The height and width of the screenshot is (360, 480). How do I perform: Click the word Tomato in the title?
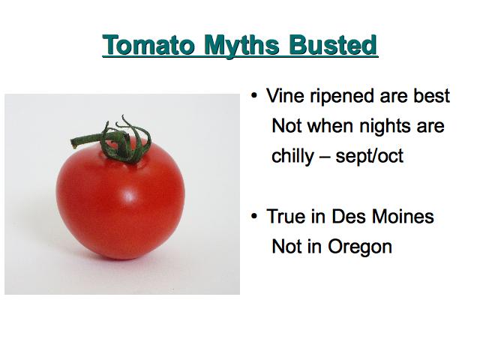point(148,45)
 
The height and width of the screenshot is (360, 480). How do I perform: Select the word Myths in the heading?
point(241,46)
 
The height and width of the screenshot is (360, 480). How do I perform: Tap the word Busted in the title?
point(333,45)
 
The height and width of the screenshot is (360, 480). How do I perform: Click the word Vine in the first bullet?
point(285,95)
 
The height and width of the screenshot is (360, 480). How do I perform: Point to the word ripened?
point(342,97)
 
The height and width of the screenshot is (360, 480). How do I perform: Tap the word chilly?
point(292,157)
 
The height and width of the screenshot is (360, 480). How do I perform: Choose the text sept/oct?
point(370,157)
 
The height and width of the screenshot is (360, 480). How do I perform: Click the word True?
point(286,216)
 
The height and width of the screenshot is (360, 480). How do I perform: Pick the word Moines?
point(403,216)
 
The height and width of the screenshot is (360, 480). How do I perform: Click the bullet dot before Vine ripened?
point(254,96)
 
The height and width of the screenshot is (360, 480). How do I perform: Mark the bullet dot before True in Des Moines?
point(254,217)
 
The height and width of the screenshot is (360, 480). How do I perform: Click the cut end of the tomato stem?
point(73,143)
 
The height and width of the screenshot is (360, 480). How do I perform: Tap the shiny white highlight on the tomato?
point(130,195)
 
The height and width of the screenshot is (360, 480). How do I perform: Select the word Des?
point(349,216)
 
